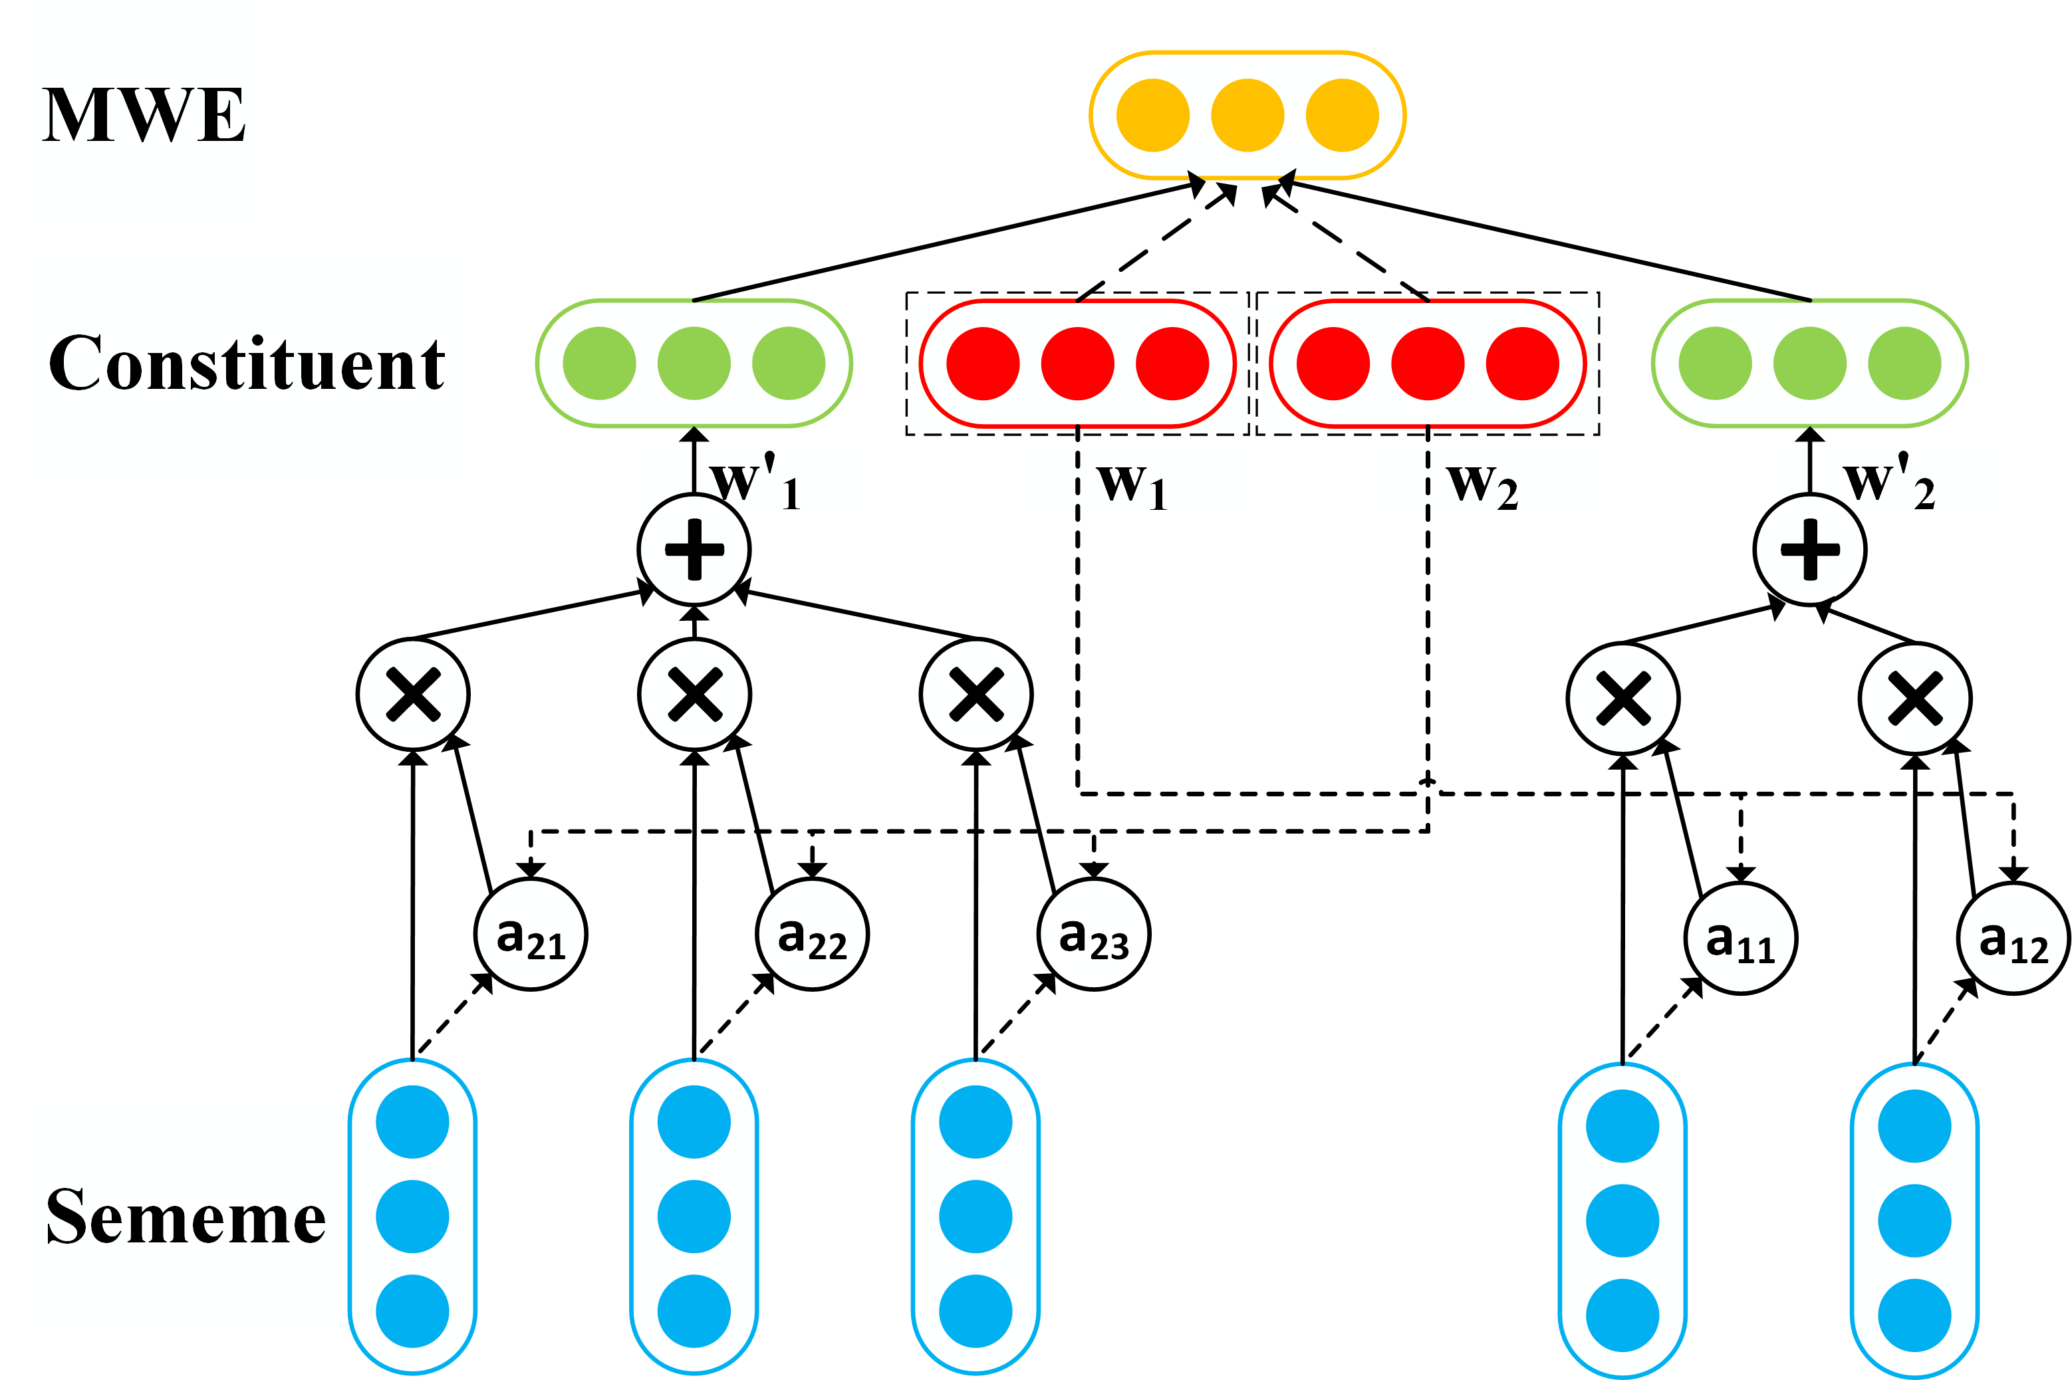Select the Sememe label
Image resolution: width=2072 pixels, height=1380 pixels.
[x=186, y=1217]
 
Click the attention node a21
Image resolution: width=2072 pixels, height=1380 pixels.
[x=531, y=935]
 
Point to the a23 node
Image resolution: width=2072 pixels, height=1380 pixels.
[x=1094, y=935]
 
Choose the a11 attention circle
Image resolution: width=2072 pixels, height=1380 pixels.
[x=1741, y=938]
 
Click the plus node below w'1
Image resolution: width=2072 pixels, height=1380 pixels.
[x=694, y=550]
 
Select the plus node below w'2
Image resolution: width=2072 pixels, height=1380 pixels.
[x=1810, y=550]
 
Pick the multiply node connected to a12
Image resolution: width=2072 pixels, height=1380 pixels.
[x=1915, y=699]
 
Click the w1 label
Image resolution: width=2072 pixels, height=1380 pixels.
[x=1133, y=486]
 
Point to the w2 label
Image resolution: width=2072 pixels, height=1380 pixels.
[x=1483, y=486]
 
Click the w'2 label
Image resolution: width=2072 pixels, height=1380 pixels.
[x=1889, y=481]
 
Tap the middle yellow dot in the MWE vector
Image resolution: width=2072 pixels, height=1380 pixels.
[x=1247, y=115]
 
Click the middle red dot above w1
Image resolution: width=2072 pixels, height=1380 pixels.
[x=1077, y=364]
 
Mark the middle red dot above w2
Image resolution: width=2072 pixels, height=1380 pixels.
[x=1428, y=364]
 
